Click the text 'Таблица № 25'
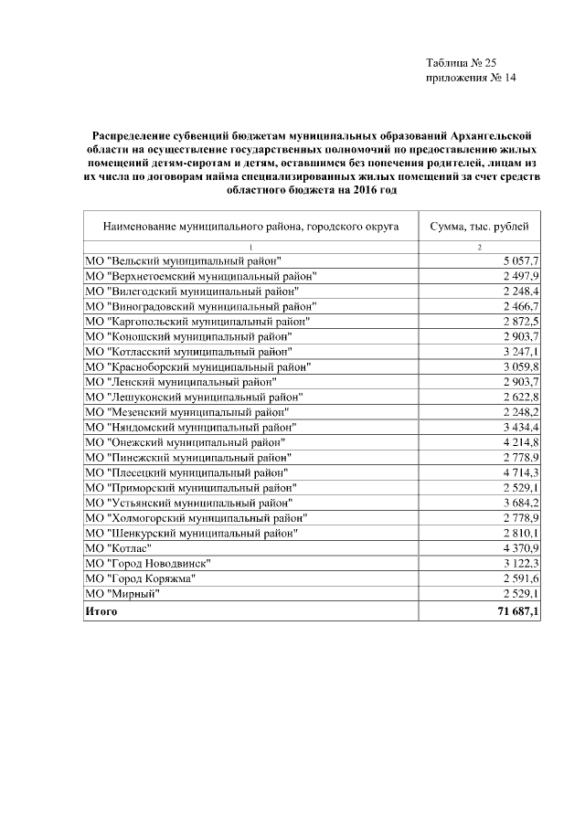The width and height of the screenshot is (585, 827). click(461, 63)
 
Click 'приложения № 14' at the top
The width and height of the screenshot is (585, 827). click(472, 79)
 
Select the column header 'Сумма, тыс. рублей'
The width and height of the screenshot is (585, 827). click(484, 224)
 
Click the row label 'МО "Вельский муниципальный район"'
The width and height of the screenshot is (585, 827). click(183, 261)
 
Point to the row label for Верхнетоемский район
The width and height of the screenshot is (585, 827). click(200, 276)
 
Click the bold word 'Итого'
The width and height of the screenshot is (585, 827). click(101, 610)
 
